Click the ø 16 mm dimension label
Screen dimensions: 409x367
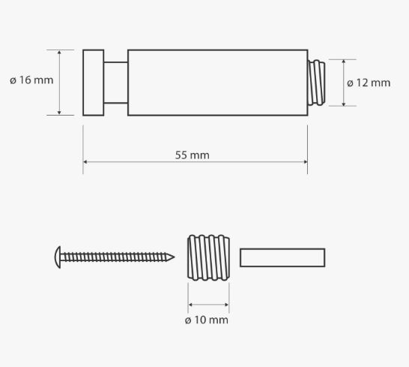click(31, 80)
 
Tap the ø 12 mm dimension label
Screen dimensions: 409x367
click(369, 83)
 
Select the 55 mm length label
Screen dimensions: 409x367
click(193, 155)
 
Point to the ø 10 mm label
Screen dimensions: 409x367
click(206, 320)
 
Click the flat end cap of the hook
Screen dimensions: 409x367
click(94, 83)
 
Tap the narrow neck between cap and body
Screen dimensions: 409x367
click(116, 83)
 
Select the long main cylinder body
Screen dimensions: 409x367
click(217, 83)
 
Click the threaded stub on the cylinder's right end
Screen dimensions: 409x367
click(316, 83)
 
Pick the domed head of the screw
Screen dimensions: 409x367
click(58, 257)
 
